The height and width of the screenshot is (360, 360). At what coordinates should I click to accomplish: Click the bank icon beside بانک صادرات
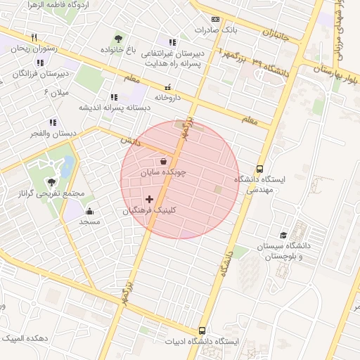(215, 19)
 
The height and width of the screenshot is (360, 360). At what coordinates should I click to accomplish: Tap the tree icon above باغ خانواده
(117, 39)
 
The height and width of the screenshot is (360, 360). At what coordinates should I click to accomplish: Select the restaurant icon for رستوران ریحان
(33, 38)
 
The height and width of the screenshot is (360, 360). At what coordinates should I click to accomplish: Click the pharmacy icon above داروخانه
(167, 86)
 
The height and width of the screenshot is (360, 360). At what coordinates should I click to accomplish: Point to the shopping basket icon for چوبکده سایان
(163, 161)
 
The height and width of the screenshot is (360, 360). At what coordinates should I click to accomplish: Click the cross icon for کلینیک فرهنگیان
(149, 200)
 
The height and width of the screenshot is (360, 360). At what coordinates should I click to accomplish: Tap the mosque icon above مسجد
(89, 211)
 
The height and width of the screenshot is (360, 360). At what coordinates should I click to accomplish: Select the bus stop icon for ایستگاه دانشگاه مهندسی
(260, 169)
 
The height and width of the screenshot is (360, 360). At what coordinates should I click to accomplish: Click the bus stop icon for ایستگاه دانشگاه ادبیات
(202, 330)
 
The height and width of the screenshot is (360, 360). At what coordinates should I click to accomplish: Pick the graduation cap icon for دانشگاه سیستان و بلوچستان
(283, 236)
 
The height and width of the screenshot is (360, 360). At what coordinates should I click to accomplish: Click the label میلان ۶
(57, 92)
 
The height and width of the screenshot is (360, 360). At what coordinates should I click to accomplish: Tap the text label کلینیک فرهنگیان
(149, 210)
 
